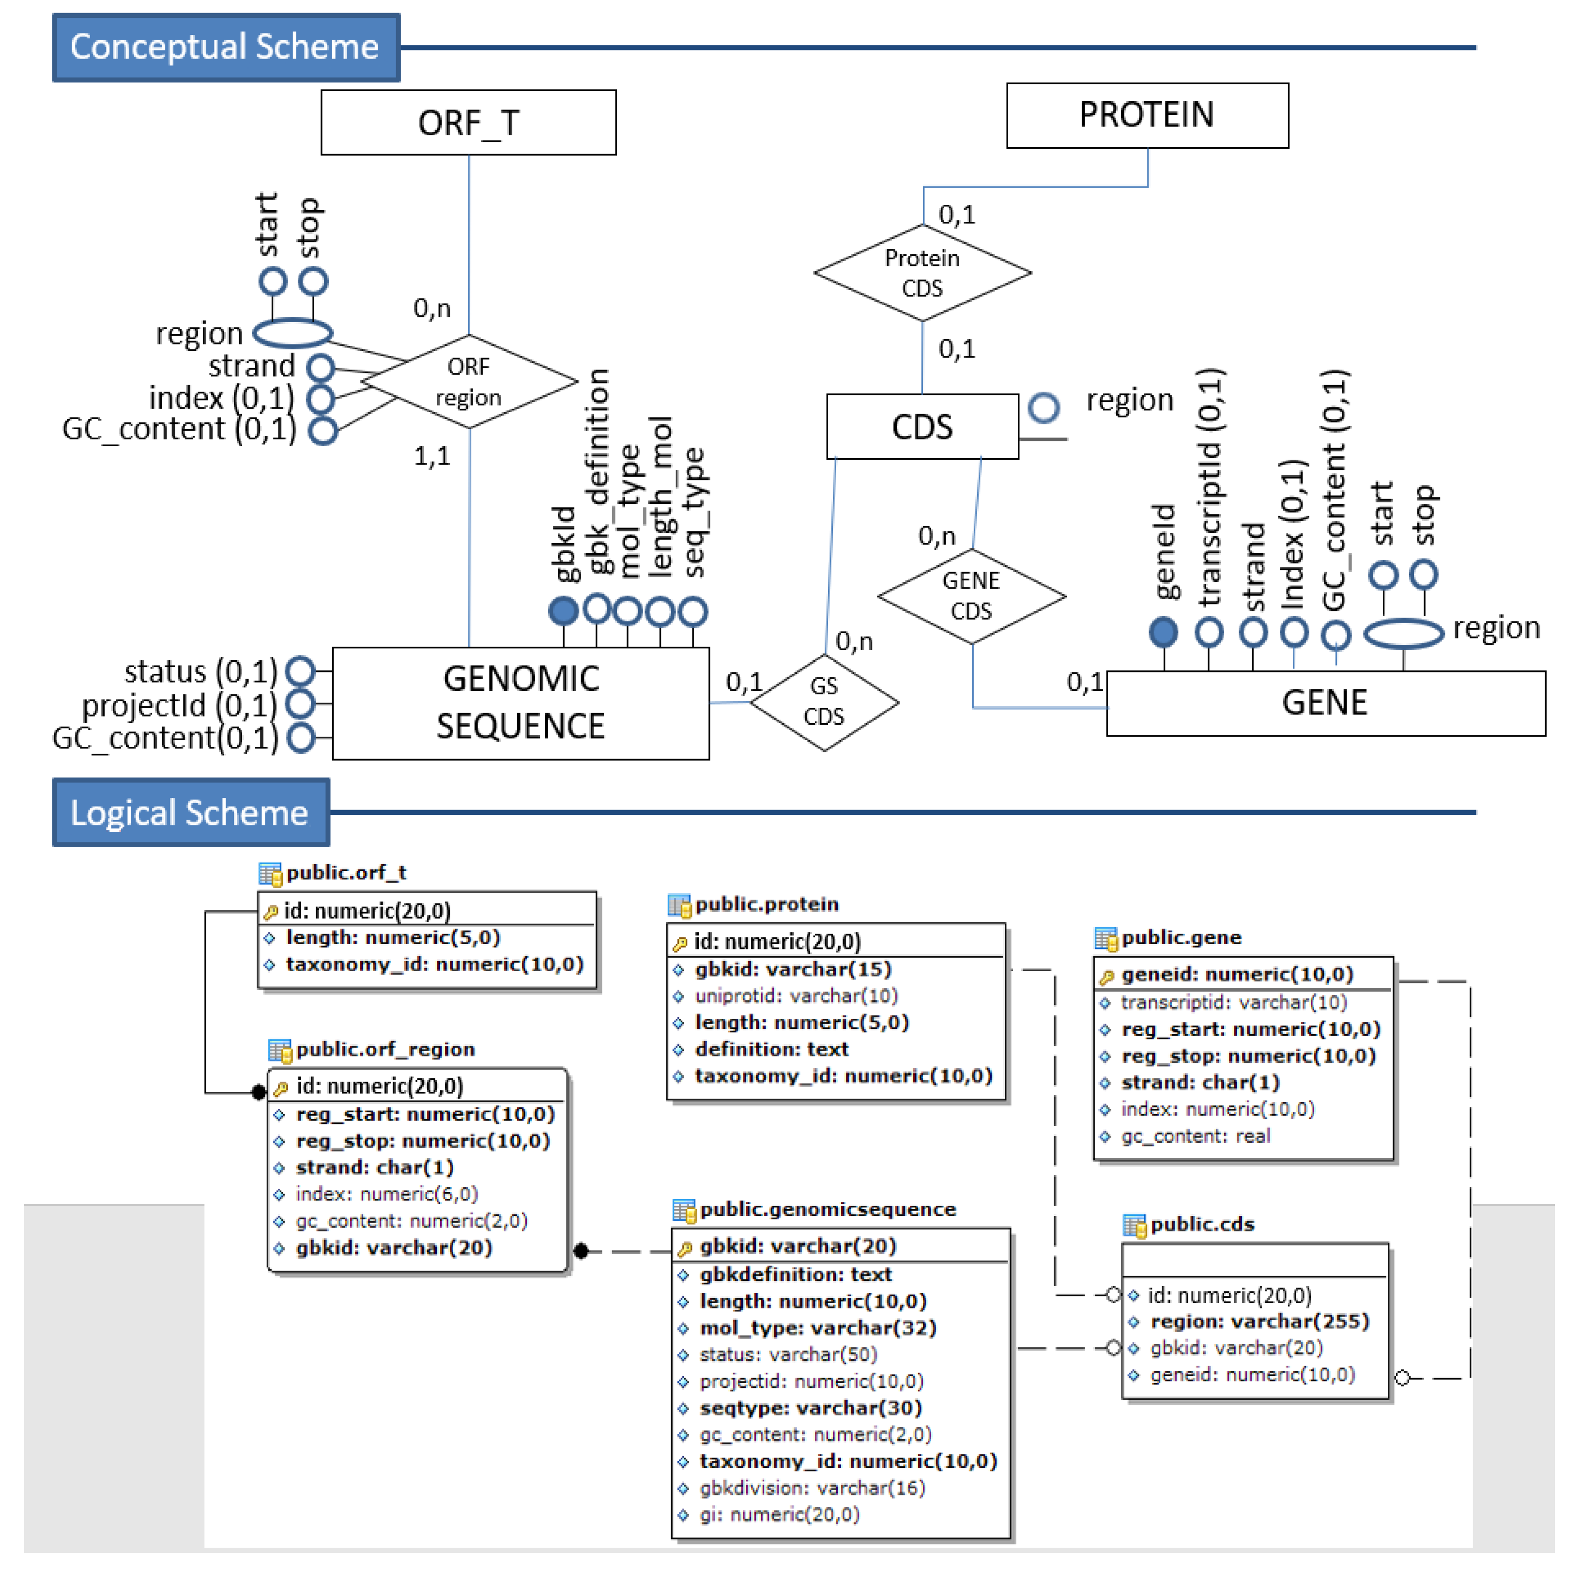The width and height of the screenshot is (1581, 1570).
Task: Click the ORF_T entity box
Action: click(468, 123)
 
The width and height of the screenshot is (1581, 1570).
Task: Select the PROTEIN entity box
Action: click(1147, 115)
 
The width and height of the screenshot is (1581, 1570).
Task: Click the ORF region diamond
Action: click(468, 381)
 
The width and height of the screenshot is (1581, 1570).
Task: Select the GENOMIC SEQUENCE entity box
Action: click(521, 703)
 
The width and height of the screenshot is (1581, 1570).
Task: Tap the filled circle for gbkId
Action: click(563, 611)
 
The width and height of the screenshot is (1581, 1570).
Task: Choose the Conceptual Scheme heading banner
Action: click(225, 47)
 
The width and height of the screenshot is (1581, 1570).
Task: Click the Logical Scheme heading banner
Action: click(190, 812)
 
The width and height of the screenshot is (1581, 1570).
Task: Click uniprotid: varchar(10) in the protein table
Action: click(796, 995)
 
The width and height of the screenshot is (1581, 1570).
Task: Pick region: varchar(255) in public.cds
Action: click(1259, 1321)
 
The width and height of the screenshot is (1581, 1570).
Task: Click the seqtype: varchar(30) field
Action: click(810, 1408)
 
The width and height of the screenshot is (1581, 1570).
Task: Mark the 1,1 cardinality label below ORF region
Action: click(431, 455)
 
